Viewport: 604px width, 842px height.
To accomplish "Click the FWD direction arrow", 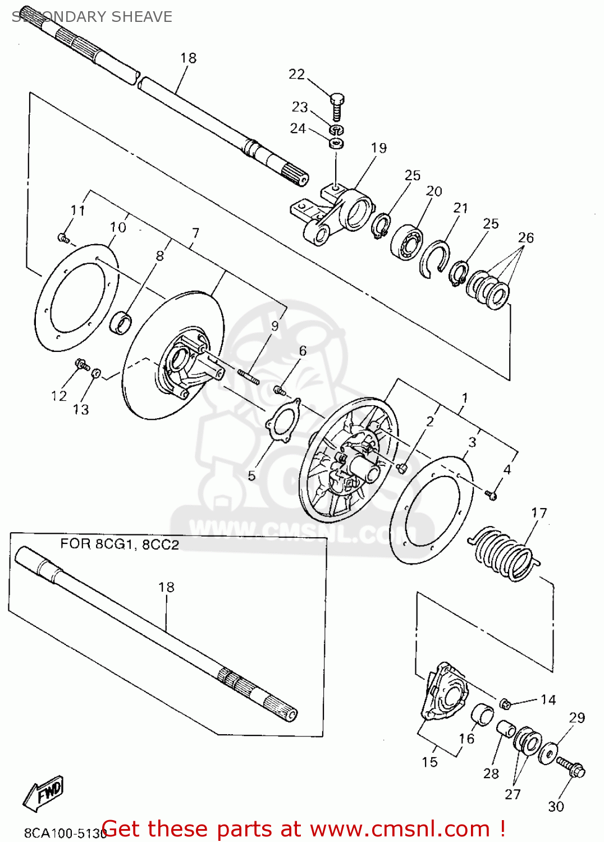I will click(x=44, y=793).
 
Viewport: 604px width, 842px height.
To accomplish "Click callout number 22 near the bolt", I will click(x=296, y=74).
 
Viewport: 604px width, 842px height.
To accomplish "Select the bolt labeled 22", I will click(x=337, y=107).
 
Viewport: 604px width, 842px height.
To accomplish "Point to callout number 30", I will click(x=555, y=807).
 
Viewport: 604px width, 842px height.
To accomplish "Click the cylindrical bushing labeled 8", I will click(x=122, y=324).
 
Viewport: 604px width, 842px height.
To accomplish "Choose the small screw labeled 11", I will click(x=63, y=239).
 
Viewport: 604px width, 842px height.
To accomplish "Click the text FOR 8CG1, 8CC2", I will click(x=120, y=544).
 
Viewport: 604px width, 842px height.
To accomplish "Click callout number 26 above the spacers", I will click(x=525, y=237).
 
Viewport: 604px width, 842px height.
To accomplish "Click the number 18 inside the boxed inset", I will click(x=166, y=587).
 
